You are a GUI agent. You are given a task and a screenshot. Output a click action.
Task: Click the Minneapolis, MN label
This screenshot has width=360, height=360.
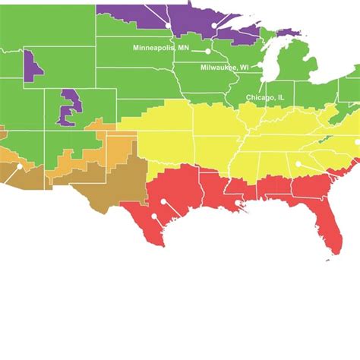pyautogui.click(x=160, y=47)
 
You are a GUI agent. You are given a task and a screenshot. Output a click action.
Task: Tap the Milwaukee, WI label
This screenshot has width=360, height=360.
pyautogui.click(x=224, y=67)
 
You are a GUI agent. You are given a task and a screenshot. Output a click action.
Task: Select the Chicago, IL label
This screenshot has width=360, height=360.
pyautogui.click(x=266, y=97)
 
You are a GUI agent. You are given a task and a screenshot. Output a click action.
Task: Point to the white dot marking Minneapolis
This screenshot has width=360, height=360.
pyautogui.click(x=207, y=51)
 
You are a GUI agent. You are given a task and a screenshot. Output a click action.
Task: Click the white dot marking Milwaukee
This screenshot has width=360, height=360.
pyautogui.click(x=264, y=77)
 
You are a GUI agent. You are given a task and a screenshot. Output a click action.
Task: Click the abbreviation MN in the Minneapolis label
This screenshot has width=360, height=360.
pyautogui.click(x=183, y=47)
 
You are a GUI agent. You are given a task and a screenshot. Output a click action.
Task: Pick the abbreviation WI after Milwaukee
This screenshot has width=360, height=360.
pyautogui.click(x=245, y=67)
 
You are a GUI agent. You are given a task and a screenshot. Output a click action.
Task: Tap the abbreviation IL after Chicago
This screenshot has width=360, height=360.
pyautogui.click(x=281, y=97)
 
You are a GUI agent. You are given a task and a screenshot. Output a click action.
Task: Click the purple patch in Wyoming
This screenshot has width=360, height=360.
pyautogui.click(x=32, y=65)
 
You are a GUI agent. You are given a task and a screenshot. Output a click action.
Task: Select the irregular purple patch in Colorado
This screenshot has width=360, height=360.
pyautogui.click(x=68, y=107)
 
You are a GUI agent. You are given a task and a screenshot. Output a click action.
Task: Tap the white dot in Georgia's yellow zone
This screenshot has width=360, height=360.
pyautogui.click(x=298, y=163)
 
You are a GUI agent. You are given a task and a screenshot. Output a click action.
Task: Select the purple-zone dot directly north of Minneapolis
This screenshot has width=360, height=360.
pyautogui.click(x=215, y=25)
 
